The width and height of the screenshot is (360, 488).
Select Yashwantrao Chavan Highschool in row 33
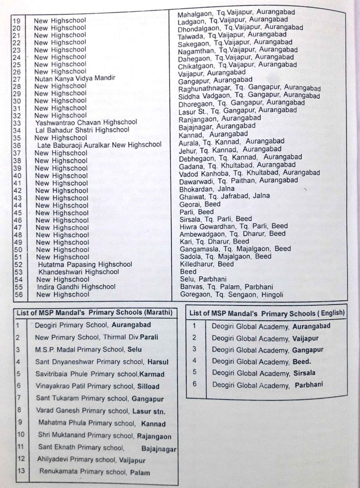tap(86, 122)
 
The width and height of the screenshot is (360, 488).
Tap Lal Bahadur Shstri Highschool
tap(82, 130)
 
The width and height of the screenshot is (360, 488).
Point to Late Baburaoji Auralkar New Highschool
tap(99, 145)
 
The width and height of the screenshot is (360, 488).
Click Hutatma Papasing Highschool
tap(85, 264)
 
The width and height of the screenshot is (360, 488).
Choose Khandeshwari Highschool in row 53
tap(79, 272)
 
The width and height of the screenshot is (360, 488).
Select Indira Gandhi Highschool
tap(76, 287)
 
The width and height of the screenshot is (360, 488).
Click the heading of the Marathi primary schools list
tap(93, 313)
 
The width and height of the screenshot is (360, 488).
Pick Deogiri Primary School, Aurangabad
tap(93, 325)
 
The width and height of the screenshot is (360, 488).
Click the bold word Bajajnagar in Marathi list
tap(159, 449)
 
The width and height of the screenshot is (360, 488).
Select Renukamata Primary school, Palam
tap(94, 473)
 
